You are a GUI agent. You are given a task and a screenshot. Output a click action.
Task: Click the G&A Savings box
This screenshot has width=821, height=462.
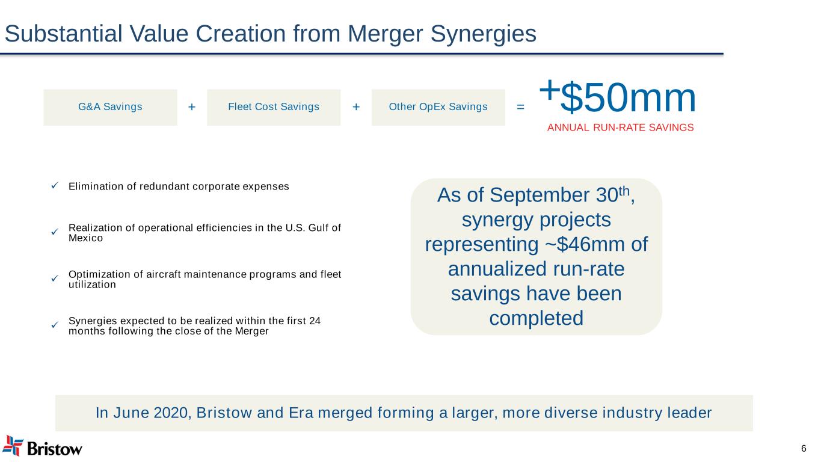[x=110, y=107]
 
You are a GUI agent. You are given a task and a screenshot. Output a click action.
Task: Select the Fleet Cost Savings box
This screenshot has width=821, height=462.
[x=274, y=107]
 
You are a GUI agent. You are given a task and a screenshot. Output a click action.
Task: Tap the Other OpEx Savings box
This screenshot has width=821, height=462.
[x=438, y=107]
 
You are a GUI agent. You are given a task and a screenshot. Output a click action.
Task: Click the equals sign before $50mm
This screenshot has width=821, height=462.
[x=520, y=107]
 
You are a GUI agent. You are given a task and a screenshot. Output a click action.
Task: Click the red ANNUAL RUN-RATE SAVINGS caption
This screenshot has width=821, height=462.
[x=620, y=128]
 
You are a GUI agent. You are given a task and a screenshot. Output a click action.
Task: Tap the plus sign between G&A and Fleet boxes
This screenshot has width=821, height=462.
[x=192, y=107]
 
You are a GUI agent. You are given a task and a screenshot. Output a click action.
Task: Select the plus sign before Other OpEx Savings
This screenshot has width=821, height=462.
[x=356, y=107]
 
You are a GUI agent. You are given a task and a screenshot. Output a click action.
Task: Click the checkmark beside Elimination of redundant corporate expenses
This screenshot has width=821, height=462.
[x=54, y=186]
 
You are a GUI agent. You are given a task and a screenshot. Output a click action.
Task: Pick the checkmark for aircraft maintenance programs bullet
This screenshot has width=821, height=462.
[x=54, y=279]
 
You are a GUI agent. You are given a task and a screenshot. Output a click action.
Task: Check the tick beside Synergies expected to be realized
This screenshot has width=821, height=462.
[x=54, y=325]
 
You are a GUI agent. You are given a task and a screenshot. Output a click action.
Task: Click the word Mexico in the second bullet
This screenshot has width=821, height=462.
[x=85, y=238]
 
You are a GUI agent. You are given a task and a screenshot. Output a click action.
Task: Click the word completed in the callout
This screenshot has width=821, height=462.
[x=536, y=318]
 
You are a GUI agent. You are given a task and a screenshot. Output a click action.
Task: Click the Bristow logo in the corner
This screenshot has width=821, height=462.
[x=43, y=446]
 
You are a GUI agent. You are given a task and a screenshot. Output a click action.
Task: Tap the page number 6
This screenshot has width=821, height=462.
[x=804, y=448]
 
